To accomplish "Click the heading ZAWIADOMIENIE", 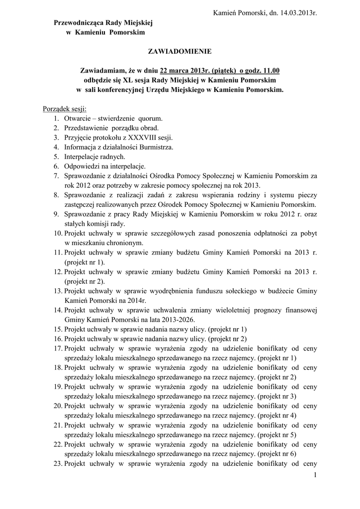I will point(180,51).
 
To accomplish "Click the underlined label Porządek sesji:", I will point(65,109).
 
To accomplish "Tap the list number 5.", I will point(56,157).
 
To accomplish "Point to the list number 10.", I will point(58,233).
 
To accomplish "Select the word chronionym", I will point(122,243).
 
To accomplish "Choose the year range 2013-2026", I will point(173,319).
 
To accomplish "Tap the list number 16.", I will point(58,339).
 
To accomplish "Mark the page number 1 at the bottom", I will point(315,476).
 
